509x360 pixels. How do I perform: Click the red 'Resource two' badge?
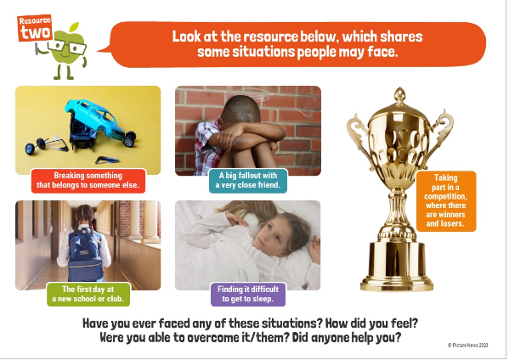coord(35,28)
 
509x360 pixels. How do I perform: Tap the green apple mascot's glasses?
coord(67,46)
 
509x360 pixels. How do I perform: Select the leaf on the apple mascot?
coord(74,27)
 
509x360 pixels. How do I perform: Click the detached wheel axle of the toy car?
coord(46,144)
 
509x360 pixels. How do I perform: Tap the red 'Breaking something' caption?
coord(88,180)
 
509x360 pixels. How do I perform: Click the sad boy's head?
coord(241,110)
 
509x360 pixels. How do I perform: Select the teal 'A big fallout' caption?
coord(248,180)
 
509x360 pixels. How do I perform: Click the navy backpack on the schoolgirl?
coord(86,255)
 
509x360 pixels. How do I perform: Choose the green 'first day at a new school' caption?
coord(88,294)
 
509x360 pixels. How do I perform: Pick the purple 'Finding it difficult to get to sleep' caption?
coord(248,294)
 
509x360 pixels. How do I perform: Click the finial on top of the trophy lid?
coord(399,96)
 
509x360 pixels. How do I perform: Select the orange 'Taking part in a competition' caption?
coord(446,200)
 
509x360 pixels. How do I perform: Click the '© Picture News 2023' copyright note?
coord(467,346)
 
